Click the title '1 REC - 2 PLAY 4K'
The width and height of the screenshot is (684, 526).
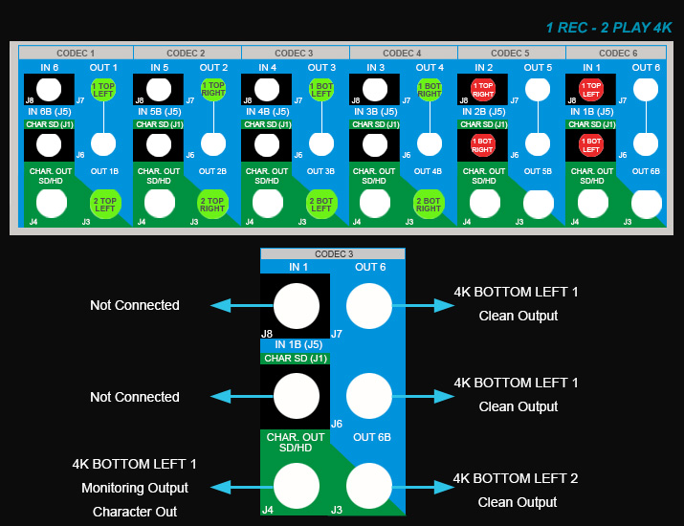click(608, 28)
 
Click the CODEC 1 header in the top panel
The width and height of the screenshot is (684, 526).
click(77, 53)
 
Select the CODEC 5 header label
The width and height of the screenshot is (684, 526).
click(510, 53)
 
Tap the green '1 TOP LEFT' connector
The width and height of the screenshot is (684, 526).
click(103, 90)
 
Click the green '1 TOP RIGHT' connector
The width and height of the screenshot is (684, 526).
click(212, 90)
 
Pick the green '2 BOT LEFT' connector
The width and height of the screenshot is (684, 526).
click(320, 203)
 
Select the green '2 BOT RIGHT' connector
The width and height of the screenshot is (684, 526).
click(429, 203)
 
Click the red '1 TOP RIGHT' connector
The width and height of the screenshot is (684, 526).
click(483, 90)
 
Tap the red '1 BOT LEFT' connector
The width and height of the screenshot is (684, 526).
click(591, 145)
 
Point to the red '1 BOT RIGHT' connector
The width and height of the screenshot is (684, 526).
click(483, 145)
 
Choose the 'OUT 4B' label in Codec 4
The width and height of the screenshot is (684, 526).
click(428, 171)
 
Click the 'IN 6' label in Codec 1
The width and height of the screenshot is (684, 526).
click(50, 67)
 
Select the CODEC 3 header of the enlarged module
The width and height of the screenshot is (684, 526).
click(333, 253)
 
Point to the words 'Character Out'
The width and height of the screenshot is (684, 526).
click(134, 512)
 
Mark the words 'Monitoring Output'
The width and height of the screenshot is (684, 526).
click(134, 488)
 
